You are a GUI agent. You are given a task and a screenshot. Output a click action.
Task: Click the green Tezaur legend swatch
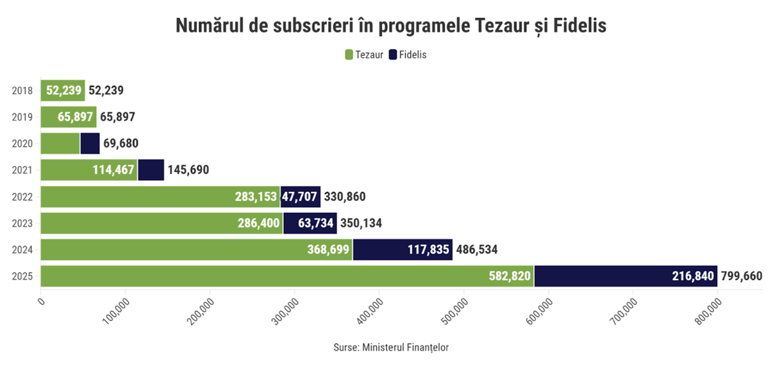(349, 54)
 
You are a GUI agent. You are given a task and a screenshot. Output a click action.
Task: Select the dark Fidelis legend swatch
(393, 54)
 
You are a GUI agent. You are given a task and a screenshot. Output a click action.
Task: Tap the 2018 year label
(22, 90)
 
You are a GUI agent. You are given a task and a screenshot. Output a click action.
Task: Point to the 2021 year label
(22, 171)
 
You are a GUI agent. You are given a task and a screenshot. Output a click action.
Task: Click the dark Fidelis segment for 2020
(90, 144)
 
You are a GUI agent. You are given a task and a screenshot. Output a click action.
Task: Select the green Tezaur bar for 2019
(69, 117)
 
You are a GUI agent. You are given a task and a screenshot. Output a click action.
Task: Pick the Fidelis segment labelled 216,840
(626, 276)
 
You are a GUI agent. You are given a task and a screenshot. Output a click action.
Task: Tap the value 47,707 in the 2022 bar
(300, 197)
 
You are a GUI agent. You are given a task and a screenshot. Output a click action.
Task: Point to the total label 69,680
(121, 144)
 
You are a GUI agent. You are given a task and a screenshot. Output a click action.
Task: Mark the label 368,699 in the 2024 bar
(328, 250)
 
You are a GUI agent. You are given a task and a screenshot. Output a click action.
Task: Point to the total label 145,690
(188, 171)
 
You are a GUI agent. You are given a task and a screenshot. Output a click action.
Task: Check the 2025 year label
(22, 277)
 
